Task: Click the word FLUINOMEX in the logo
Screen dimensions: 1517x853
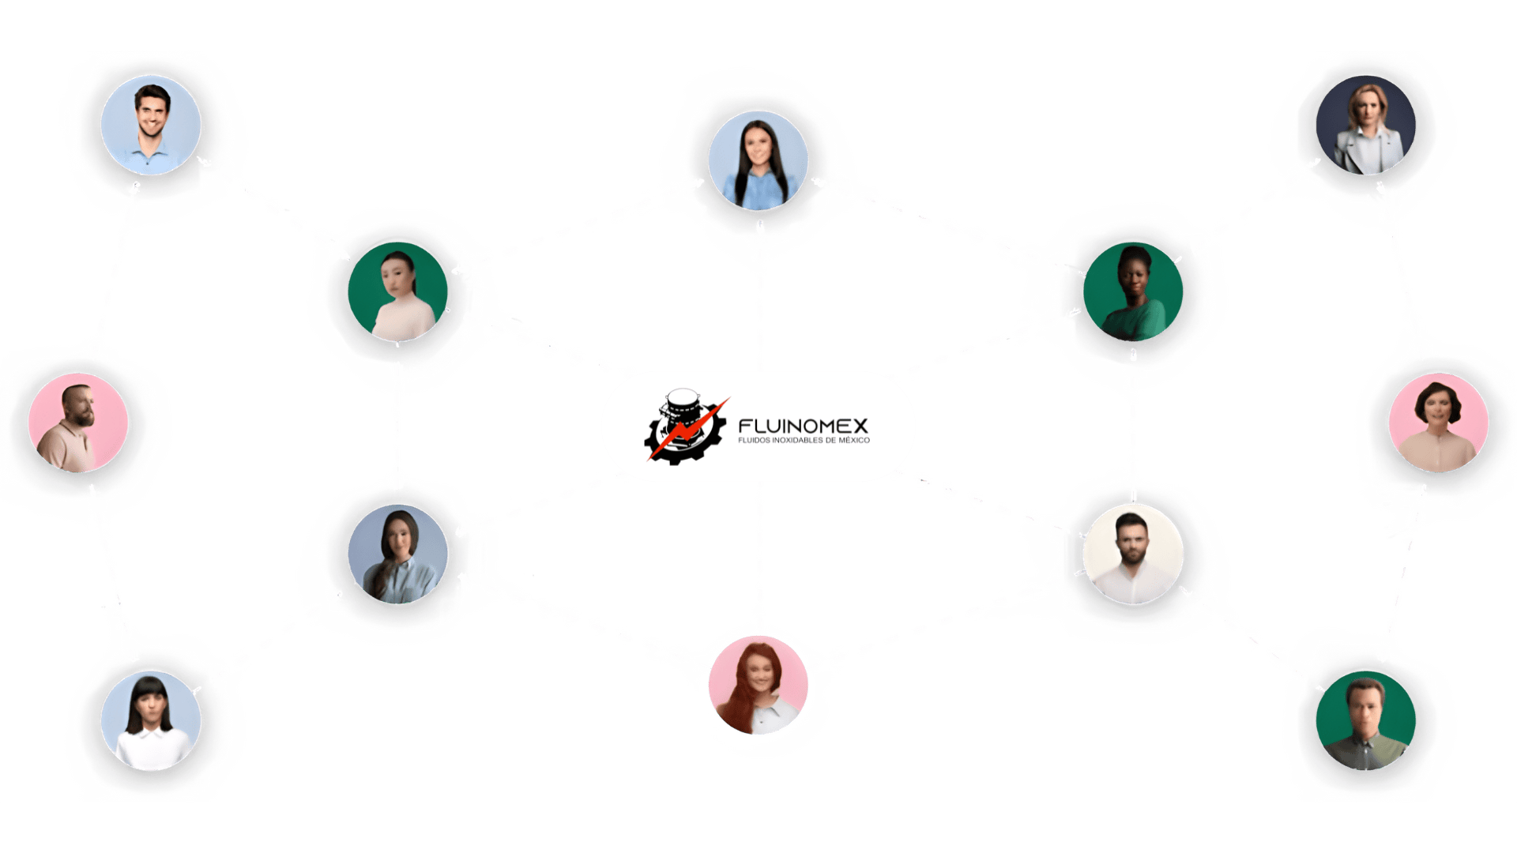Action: [x=803, y=426]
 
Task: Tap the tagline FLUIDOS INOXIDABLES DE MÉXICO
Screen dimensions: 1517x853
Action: [x=803, y=441]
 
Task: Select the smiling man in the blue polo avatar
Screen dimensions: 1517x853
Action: [x=150, y=125]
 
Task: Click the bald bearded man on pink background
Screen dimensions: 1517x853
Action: [x=77, y=423]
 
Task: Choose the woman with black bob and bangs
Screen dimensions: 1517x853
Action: [x=150, y=720]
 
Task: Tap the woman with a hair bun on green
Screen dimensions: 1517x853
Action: [x=397, y=291]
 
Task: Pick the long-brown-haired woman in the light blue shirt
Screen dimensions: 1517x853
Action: [x=397, y=554]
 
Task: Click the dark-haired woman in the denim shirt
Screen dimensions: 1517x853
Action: [x=758, y=160]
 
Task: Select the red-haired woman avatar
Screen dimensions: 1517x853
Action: [x=758, y=685]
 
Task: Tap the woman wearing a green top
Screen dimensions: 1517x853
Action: [x=1133, y=291]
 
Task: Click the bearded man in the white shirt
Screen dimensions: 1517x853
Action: [x=1133, y=554]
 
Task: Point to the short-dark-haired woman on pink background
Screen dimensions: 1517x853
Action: [x=1438, y=423]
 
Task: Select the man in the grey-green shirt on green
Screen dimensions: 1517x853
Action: [x=1365, y=720]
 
